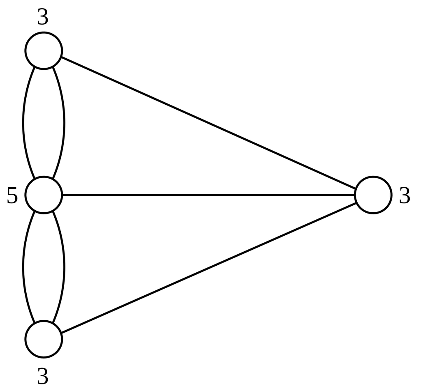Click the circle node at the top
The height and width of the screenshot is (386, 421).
[x=44, y=51]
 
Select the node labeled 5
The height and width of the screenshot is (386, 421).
[x=44, y=195]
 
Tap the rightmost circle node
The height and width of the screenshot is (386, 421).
[x=373, y=195]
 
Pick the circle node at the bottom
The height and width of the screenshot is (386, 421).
[x=44, y=339]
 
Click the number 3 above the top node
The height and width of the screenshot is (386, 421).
[x=43, y=18]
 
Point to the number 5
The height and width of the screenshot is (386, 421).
[x=12, y=196]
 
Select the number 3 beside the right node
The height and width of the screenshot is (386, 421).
[x=405, y=196]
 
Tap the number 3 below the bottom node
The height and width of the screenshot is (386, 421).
[x=43, y=376]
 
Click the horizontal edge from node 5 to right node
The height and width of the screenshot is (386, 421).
[x=208, y=195]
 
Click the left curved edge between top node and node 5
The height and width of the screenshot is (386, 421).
[x=23, y=123]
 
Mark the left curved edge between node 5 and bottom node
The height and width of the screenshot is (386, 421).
[x=23, y=267]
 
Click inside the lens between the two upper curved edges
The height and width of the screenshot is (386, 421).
[x=44, y=123]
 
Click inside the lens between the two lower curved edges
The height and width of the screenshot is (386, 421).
[x=44, y=267]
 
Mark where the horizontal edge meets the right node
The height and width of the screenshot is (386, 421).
[x=354, y=195]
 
